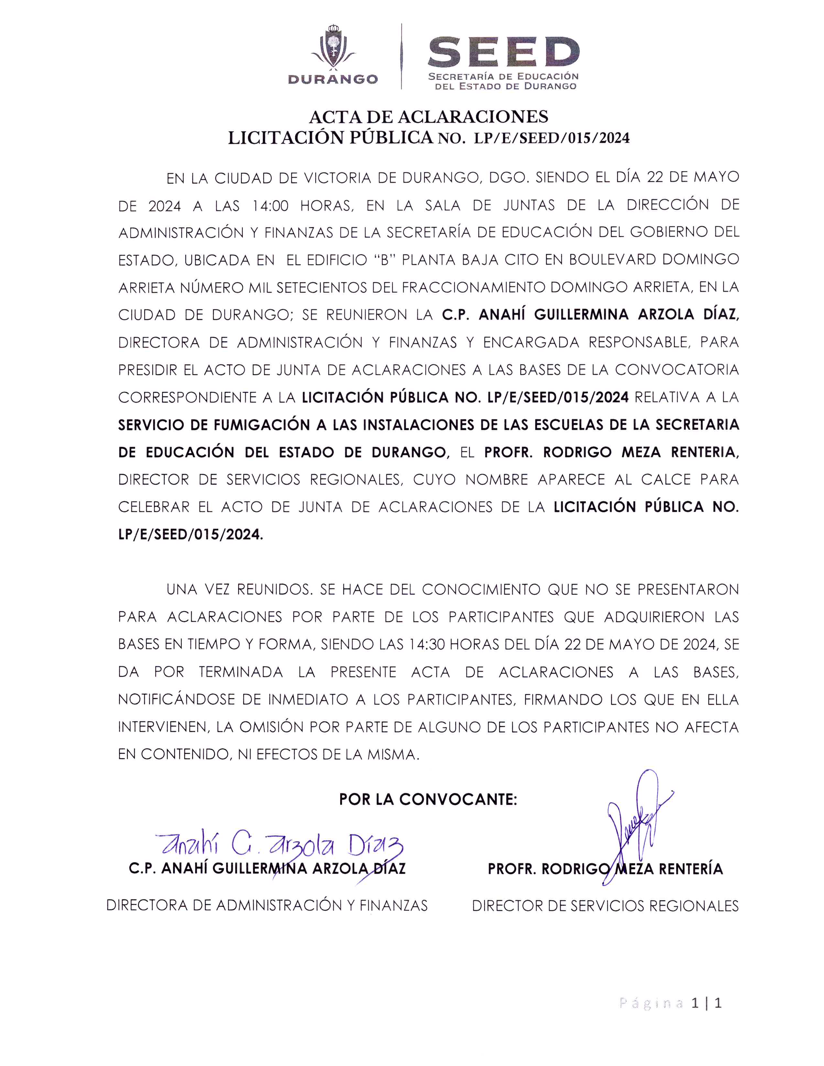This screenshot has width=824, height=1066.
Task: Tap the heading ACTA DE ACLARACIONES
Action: tap(428, 117)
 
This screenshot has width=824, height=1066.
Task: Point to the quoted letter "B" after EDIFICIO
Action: tap(383, 260)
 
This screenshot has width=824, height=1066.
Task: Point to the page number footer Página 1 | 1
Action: tap(670, 1003)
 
